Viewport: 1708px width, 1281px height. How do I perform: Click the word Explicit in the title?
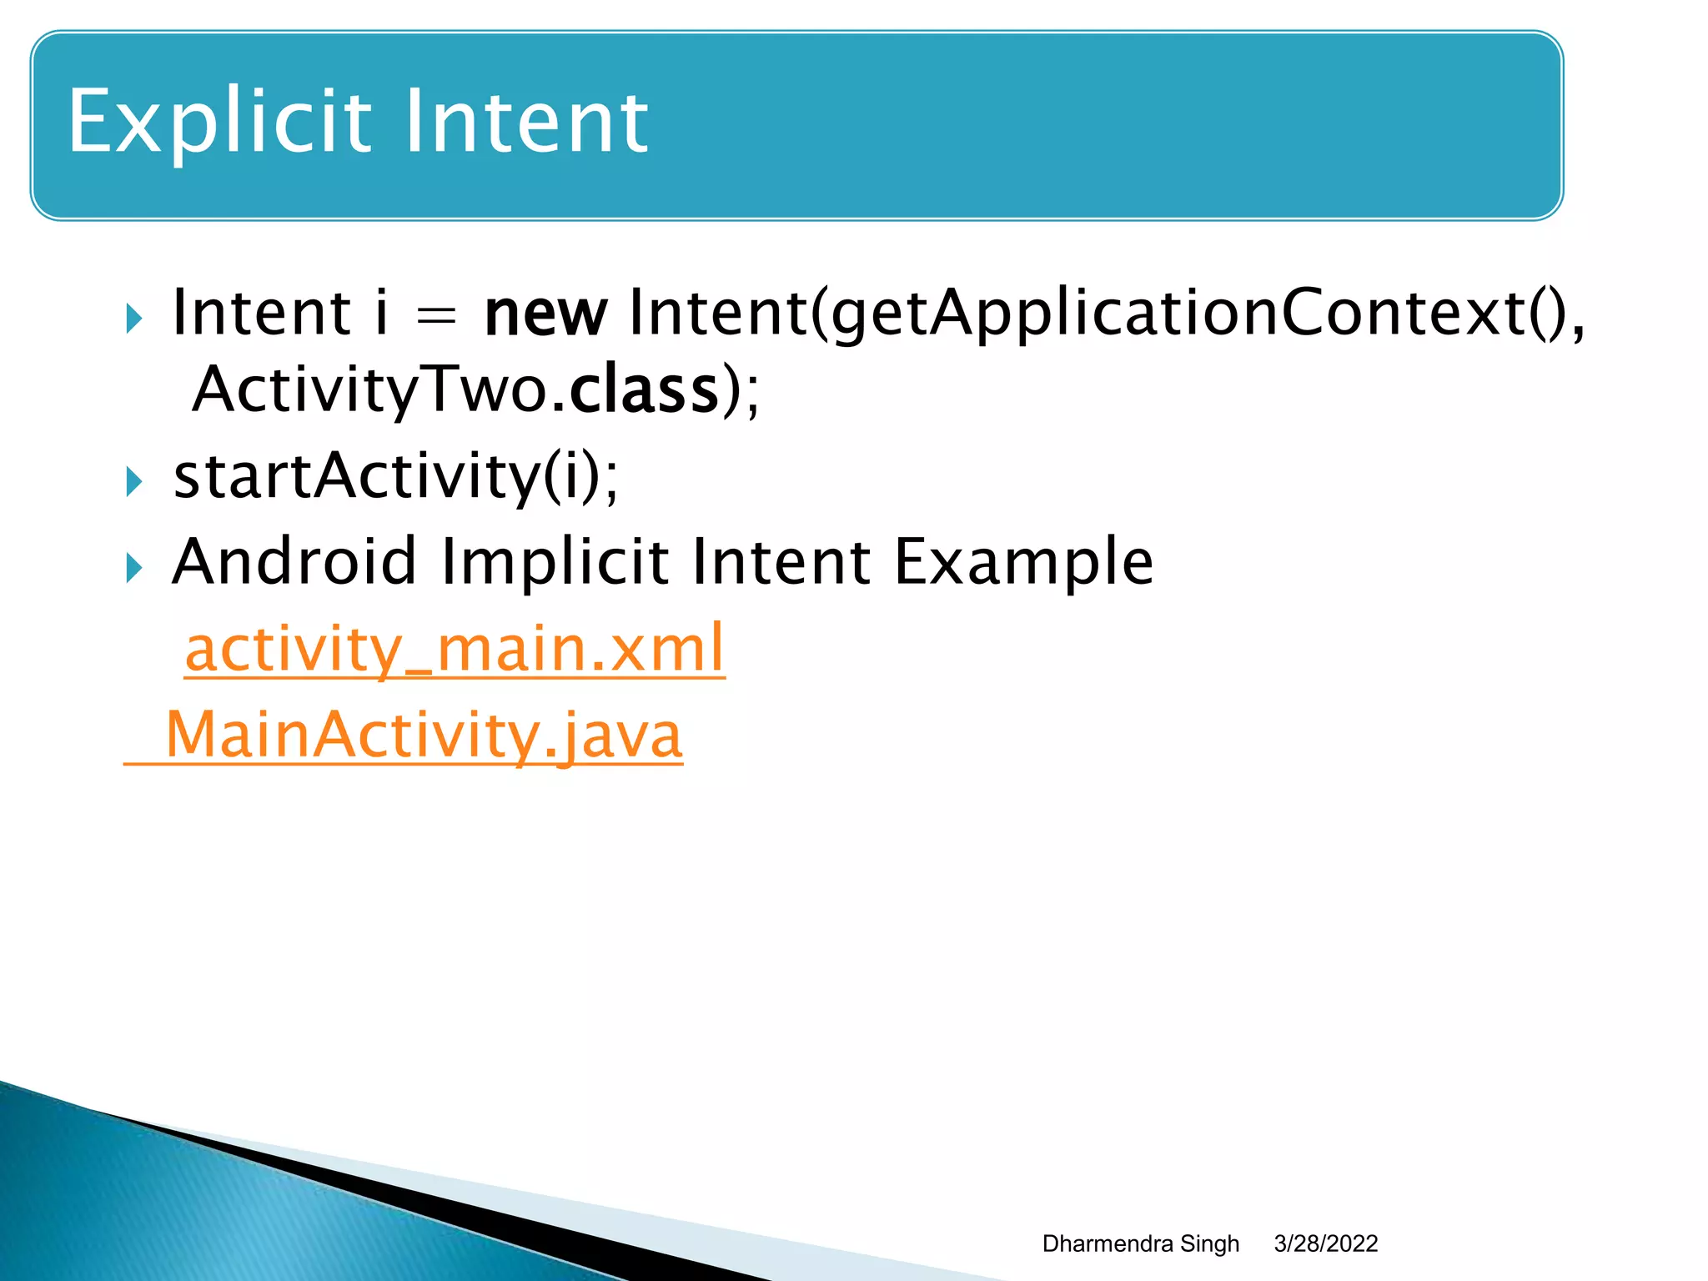219,123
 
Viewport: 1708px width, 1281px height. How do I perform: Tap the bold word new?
545,314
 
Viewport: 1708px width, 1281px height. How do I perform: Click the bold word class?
644,390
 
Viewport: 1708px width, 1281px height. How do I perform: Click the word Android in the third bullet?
294,562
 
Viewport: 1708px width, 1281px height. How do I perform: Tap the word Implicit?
555,562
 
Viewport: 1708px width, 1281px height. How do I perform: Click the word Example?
1023,564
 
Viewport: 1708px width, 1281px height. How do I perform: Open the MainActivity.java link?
424,736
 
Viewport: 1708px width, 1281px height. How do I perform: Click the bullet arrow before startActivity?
133,482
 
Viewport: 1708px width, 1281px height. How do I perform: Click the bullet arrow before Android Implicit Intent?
133,569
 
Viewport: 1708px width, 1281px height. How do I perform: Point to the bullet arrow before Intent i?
133,319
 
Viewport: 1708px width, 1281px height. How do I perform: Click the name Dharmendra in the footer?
1107,1243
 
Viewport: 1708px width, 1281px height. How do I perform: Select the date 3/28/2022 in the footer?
1325,1243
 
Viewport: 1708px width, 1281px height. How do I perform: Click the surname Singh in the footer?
1210,1243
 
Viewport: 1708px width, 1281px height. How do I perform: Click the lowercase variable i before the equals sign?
381,314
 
